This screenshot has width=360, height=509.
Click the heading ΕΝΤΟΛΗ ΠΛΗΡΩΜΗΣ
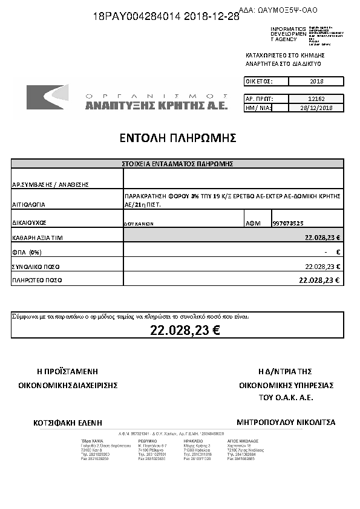[x=177, y=138]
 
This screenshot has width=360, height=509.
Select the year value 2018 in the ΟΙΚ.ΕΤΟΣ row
[x=316, y=81]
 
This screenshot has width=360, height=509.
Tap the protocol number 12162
[x=316, y=98]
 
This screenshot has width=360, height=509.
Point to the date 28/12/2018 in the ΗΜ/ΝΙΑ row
[x=316, y=108]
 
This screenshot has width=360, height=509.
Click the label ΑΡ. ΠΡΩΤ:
[x=259, y=98]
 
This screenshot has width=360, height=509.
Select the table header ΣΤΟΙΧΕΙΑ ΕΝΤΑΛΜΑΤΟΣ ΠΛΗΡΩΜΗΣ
[x=177, y=163]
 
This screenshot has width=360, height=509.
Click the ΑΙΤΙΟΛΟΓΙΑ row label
[x=28, y=205]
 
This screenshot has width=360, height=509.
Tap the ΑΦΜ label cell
[x=253, y=223]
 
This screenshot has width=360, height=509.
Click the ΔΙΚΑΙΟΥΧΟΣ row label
[x=29, y=223]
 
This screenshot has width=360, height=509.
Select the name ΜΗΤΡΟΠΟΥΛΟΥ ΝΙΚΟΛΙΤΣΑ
[x=286, y=422]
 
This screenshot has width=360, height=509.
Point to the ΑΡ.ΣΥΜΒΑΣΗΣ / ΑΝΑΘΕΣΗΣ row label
[x=50, y=184]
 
